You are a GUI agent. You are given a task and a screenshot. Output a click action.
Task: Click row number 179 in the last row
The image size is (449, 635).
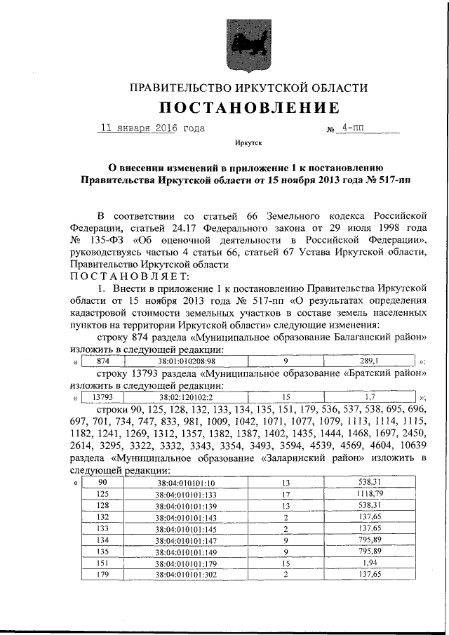[102, 574]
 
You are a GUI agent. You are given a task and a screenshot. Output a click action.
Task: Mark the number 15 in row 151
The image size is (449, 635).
[286, 563]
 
